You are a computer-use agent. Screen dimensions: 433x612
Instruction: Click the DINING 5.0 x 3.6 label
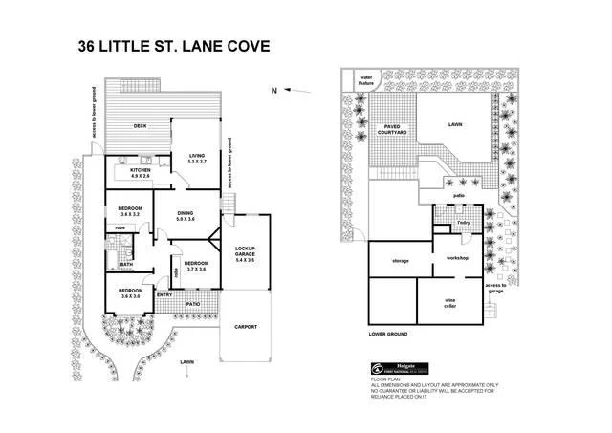(186, 216)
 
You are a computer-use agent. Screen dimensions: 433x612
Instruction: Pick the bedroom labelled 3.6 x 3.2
(130, 211)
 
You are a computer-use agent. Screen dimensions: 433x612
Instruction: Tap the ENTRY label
(164, 294)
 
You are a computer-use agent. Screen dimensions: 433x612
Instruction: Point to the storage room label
(401, 260)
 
